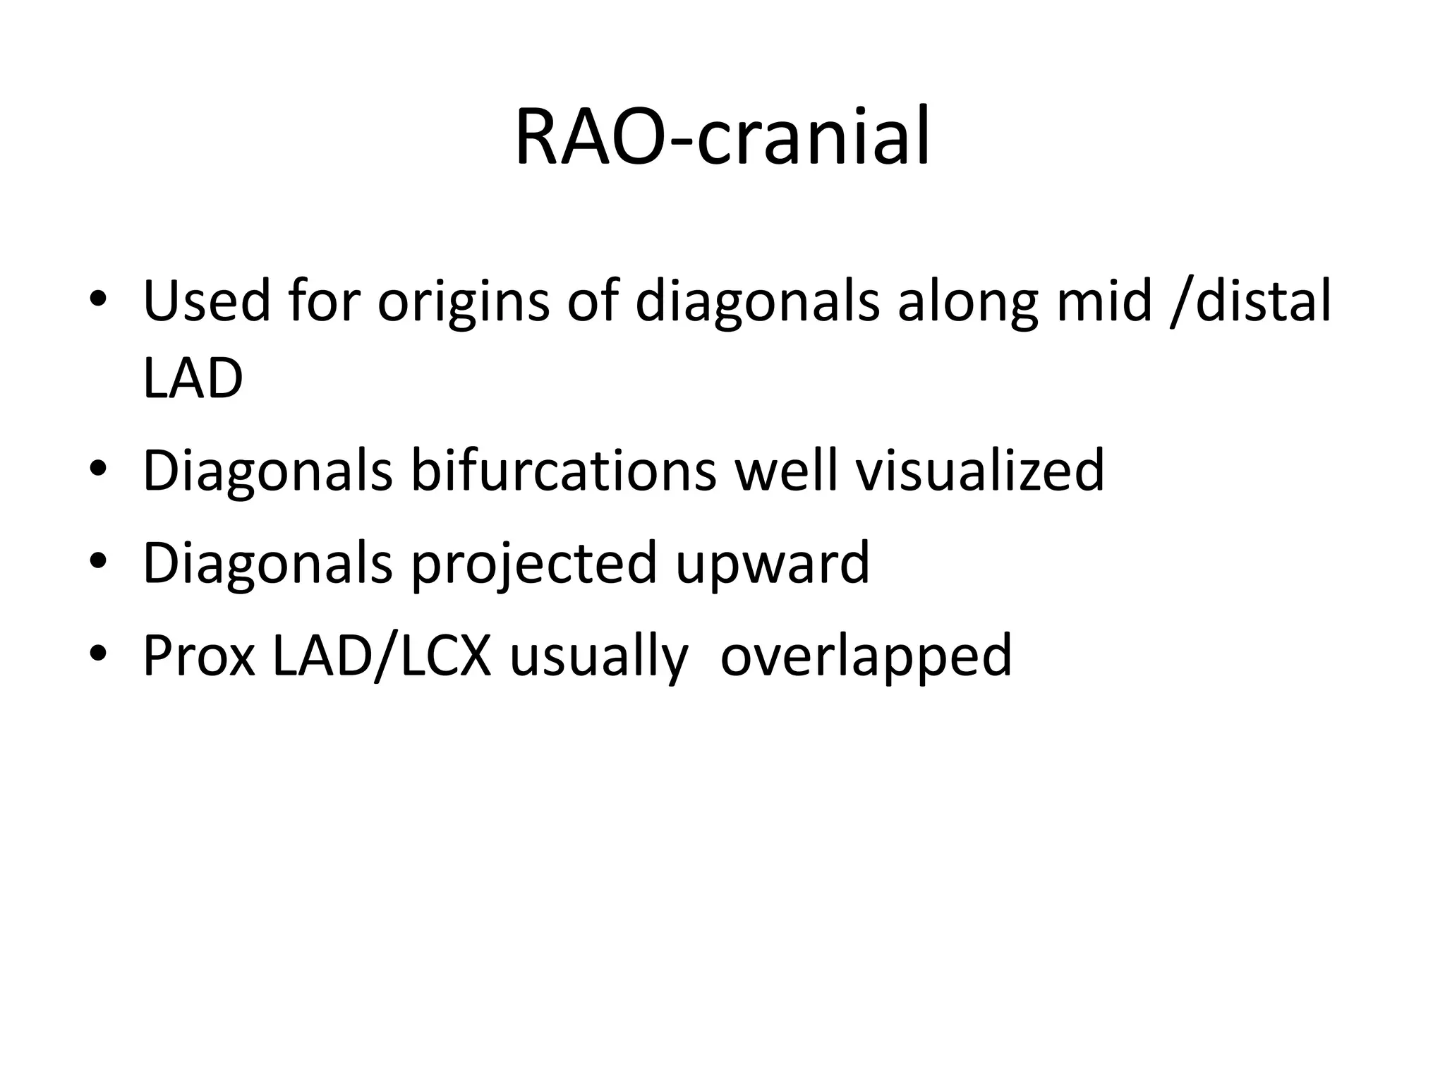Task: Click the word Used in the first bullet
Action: (206, 301)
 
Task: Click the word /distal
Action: (1250, 301)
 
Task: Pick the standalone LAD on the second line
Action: (193, 379)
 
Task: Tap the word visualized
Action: (979, 471)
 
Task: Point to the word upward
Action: (772, 565)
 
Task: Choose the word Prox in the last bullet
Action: (198, 656)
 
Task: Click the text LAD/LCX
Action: (381, 656)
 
